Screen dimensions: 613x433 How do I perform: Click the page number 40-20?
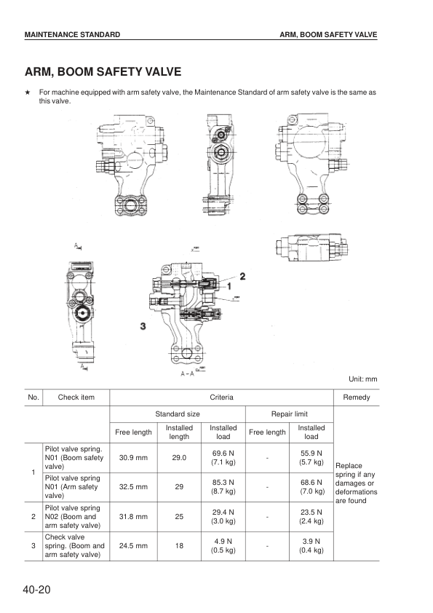[37, 589]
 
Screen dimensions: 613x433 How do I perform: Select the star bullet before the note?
[27, 93]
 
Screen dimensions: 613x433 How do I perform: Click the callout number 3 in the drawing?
[143, 326]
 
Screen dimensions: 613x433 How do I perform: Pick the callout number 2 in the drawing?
[242, 276]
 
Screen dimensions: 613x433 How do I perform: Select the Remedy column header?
[356, 398]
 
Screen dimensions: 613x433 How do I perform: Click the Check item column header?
[76, 398]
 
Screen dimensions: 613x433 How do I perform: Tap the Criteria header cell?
[221, 398]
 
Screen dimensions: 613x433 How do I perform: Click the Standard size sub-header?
[178, 414]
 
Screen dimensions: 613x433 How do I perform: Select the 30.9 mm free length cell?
[133, 457]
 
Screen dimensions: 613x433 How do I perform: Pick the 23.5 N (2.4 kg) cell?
[311, 517]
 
